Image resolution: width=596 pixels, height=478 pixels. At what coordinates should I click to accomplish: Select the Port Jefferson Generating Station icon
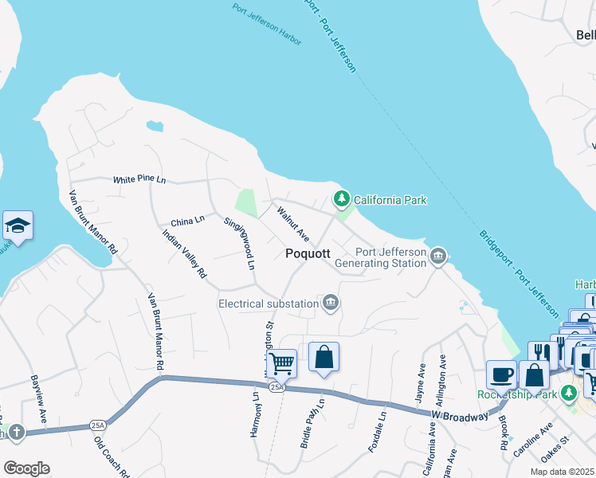[437, 256]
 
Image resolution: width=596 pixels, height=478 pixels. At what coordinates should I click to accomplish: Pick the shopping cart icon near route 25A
[280, 364]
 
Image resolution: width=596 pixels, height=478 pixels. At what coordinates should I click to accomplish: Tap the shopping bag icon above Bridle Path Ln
[323, 358]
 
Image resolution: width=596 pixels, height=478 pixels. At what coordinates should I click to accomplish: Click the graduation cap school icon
[18, 225]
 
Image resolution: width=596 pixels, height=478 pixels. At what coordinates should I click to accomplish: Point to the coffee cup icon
[501, 374]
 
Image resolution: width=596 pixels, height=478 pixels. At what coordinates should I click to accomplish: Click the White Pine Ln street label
[139, 180]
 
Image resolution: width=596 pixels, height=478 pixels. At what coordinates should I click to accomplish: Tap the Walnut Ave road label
[292, 224]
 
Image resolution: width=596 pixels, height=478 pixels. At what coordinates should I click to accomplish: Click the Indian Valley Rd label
[184, 254]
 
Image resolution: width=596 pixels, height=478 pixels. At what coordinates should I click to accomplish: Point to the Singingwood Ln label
[240, 241]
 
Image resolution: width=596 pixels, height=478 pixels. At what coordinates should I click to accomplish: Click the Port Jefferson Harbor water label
[267, 18]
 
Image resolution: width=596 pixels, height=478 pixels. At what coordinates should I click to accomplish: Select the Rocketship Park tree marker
[568, 393]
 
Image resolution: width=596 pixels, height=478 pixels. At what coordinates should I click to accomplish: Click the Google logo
[26, 468]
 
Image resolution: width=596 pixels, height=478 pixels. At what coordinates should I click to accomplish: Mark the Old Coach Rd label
[112, 456]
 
